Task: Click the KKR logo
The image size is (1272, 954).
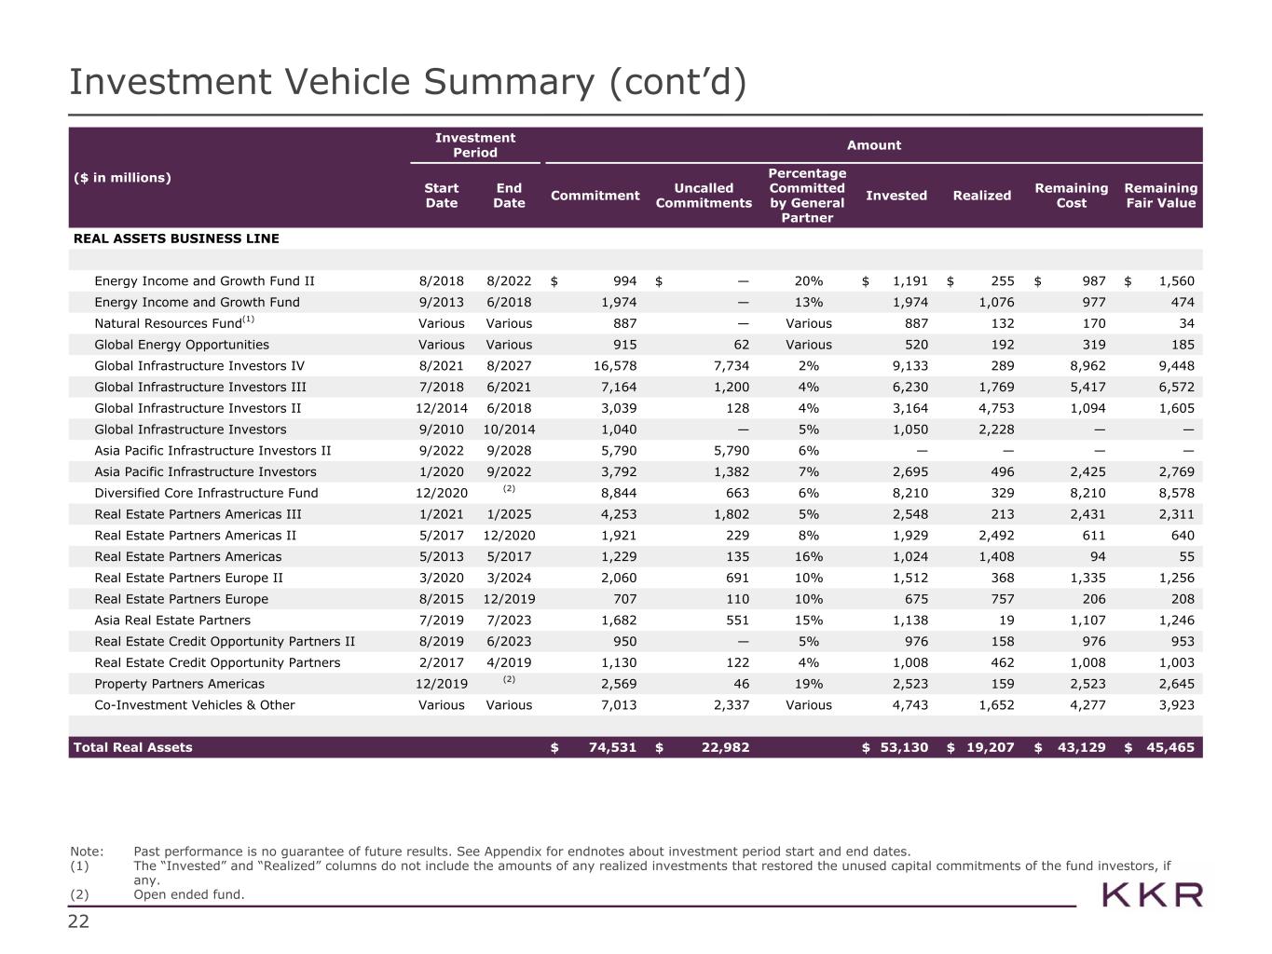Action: tap(1152, 896)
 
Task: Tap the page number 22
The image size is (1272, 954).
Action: tap(78, 922)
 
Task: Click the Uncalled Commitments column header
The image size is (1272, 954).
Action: tap(704, 196)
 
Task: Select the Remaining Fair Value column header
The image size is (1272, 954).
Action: tap(1160, 196)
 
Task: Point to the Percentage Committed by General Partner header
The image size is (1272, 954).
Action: tap(807, 196)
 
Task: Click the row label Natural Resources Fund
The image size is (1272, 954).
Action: tap(168, 323)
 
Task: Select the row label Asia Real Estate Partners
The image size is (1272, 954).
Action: tap(172, 620)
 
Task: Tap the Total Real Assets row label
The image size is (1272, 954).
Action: tap(132, 747)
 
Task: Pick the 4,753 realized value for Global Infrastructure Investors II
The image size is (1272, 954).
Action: tap(995, 408)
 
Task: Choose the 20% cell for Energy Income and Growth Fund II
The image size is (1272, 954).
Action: tap(808, 281)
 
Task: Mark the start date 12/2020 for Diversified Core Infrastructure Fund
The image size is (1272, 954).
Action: tap(441, 493)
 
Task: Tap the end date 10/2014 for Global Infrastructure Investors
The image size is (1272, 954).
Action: tap(509, 429)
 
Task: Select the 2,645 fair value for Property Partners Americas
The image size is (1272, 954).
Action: tap(1176, 684)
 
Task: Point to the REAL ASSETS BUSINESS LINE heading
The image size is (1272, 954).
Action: tap(176, 238)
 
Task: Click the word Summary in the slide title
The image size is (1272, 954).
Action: tap(508, 82)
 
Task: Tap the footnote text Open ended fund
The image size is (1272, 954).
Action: tap(188, 894)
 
